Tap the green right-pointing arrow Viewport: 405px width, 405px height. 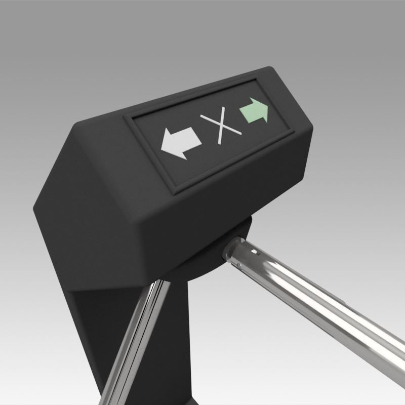tap(255, 111)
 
